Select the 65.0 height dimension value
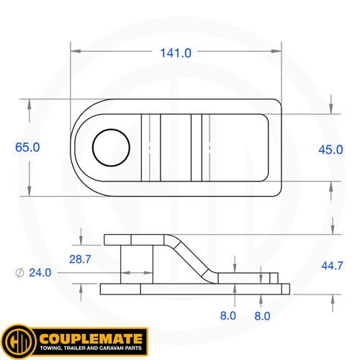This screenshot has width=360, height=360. [27, 147]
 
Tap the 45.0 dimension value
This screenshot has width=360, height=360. [330, 149]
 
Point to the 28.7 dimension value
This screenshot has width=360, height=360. [82, 258]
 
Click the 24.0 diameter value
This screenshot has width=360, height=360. [38, 272]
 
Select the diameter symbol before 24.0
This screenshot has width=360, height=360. [18, 272]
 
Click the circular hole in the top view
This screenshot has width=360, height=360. [112, 148]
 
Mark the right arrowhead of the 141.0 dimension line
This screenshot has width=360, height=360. [279, 52]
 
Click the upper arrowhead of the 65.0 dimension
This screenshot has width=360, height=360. [29, 103]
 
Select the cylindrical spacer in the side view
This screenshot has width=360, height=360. [136, 264]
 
